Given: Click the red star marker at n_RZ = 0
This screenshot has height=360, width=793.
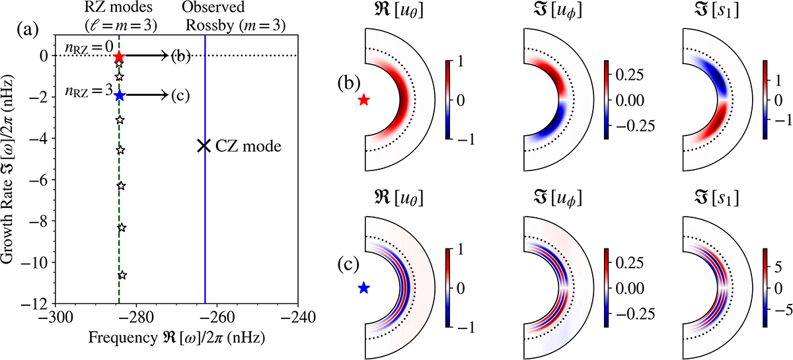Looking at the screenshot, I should click(x=118, y=57).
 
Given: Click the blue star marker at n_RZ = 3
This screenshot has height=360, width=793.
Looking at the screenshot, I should click(x=119, y=96).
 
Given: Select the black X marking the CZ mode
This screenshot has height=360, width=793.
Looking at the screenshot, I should click(x=204, y=147).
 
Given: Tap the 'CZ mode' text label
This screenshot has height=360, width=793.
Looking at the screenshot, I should click(x=250, y=147).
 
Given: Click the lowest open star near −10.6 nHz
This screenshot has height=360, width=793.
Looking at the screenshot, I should click(x=122, y=275).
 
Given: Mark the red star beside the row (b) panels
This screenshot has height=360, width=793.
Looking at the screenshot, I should click(x=363, y=100).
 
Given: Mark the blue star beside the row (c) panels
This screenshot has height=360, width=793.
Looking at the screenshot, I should click(x=363, y=288).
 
